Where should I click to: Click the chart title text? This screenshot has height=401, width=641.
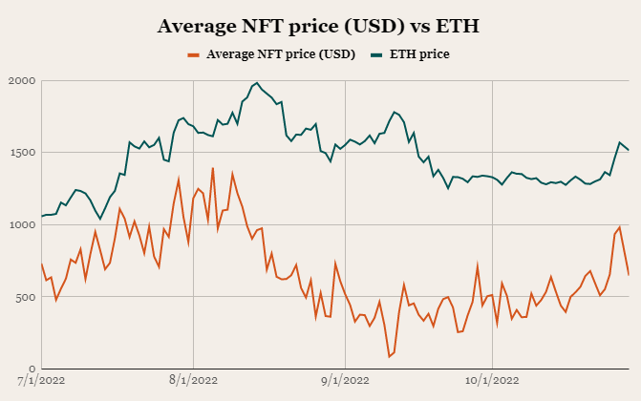[320, 27]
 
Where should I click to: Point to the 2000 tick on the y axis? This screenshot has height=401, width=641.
[22, 81]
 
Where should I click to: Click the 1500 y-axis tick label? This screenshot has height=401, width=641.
[22, 153]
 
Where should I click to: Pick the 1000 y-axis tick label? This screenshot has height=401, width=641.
[22, 225]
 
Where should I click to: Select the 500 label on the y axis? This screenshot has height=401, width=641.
[26, 297]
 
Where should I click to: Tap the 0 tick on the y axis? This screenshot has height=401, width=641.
[32, 369]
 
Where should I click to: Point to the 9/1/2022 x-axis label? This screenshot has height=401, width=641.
[345, 381]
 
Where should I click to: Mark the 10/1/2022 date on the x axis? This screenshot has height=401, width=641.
[492, 381]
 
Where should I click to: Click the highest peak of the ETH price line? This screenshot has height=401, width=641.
[257, 83]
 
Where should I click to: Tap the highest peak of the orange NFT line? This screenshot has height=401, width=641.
[212, 168]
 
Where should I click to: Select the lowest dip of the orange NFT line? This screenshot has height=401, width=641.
[390, 356]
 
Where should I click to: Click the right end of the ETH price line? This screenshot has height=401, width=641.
[629, 150]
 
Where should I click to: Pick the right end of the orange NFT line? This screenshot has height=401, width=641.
[629, 275]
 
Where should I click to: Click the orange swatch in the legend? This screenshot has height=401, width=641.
[196, 54]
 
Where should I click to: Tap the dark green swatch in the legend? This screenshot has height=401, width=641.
[379, 54]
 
